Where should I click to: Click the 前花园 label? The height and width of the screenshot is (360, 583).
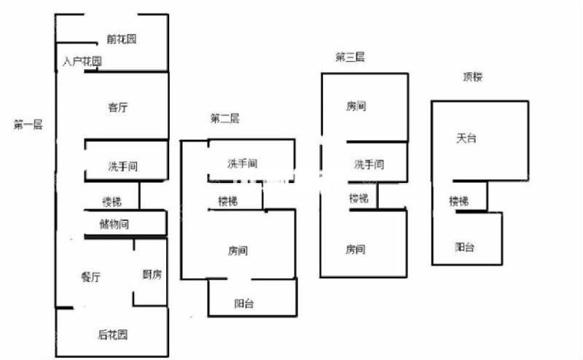pyautogui.click(x=121, y=39)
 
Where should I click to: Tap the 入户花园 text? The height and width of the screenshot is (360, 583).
pyautogui.click(x=82, y=61)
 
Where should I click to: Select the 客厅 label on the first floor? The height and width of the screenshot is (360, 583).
pyautogui.click(x=118, y=107)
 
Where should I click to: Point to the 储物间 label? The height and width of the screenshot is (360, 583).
pyautogui.click(x=114, y=224)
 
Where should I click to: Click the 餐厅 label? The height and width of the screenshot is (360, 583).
pyautogui.click(x=90, y=276)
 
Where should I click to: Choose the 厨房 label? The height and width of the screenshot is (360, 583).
pyautogui.click(x=152, y=274)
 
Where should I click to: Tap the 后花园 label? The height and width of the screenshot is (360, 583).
pyautogui.click(x=113, y=335)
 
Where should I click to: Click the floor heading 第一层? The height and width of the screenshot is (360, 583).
pyautogui.click(x=28, y=125)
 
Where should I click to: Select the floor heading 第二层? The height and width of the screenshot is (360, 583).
pyautogui.click(x=224, y=119)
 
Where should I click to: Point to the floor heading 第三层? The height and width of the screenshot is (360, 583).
pyautogui.click(x=350, y=57)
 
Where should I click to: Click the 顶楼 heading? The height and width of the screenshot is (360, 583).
pyautogui.click(x=473, y=76)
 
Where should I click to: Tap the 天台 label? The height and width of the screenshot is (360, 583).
pyautogui.click(x=466, y=138)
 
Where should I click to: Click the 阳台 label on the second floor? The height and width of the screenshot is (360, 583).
pyautogui.click(x=244, y=304)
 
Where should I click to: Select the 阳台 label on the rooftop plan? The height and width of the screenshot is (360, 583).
pyautogui.click(x=465, y=247)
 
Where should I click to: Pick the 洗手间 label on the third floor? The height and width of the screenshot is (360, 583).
pyautogui.click(x=369, y=165)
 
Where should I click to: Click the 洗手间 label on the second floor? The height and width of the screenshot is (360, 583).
pyautogui.click(x=242, y=163)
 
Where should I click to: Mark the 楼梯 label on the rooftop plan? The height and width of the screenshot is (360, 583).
pyautogui.click(x=459, y=200)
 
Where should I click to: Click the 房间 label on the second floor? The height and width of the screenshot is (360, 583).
pyautogui.click(x=238, y=251)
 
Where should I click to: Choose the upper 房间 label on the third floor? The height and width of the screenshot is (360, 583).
pyautogui.click(x=356, y=106)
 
